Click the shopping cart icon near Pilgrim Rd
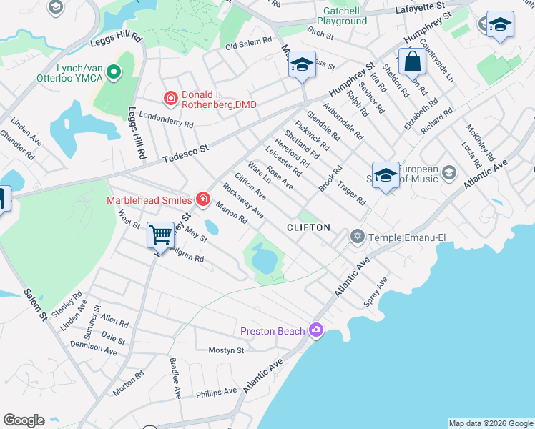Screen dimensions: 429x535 tap(161, 235)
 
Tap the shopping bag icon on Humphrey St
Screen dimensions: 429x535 tap(413, 61)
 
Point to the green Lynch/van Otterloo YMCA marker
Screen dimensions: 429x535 tap(112, 72)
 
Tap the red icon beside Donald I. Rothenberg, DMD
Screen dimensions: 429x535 tap(170, 97)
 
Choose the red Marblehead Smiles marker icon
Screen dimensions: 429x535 tap(203, 199)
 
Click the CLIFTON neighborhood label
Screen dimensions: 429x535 tap(308, 227)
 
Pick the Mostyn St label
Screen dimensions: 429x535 tap(226, 350)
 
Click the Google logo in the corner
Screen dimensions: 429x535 tap(24, 420)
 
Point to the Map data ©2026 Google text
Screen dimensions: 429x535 tap(491, 423)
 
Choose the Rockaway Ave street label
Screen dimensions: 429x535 tap(243, 201)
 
